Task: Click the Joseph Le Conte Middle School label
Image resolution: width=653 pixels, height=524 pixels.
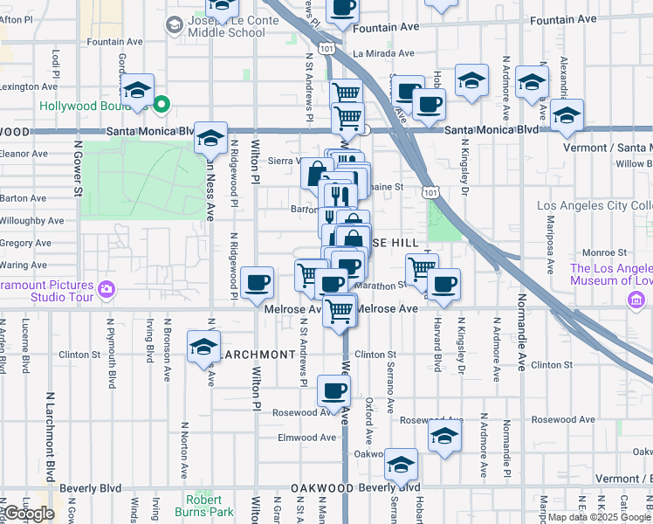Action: click(x=226, y=25)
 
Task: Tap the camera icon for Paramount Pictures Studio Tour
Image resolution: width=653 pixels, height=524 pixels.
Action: click(x=107, y=287)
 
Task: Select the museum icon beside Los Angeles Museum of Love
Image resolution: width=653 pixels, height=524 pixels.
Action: click(x=636, y=301)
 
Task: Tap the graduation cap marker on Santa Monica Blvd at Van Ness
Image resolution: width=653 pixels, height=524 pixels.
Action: click(x=210, y=137)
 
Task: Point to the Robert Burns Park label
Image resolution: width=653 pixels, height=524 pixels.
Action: click(x=210, y=506)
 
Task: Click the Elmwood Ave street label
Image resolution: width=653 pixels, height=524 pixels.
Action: click(x=306, y=438)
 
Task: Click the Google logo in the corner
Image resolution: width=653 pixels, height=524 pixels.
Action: click(x=29, y=514)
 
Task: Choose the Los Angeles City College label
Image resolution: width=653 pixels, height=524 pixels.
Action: click(x=594, y=205)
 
